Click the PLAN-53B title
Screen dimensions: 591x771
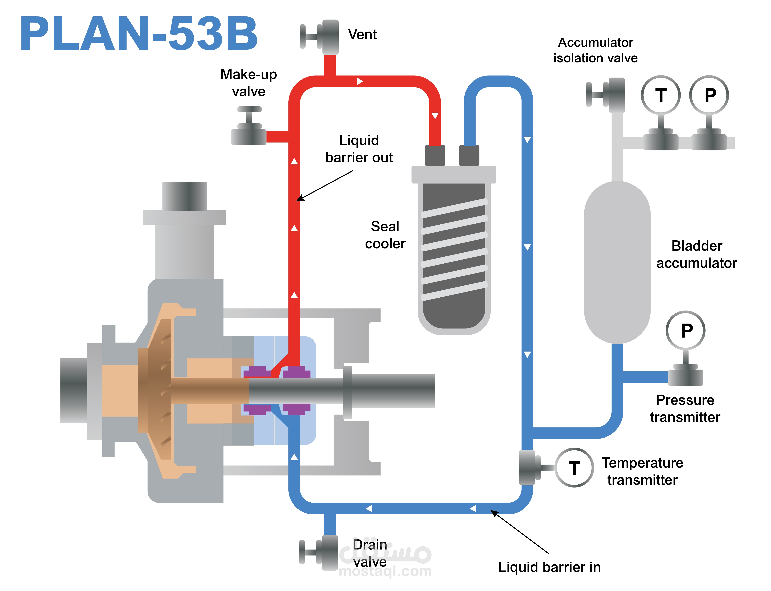[x=139, y=33]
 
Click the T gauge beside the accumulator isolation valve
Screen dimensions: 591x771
[x=661, y=95]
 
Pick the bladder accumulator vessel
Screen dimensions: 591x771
[x=617, y=262]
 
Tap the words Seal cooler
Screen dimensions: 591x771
[x=385, y=235]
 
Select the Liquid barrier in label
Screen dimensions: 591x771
[x=549, y=567]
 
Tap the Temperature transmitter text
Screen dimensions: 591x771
[x=642, y=471]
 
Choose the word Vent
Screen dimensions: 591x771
[x=362, y=34]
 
